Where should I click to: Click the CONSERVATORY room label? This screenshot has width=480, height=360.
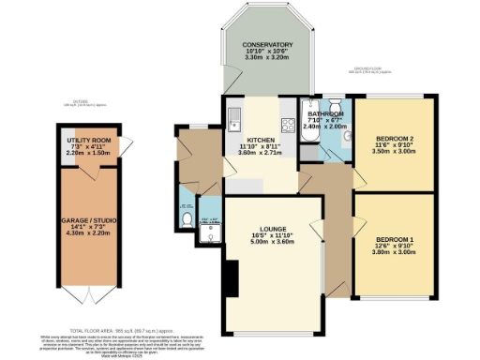pos(267,45)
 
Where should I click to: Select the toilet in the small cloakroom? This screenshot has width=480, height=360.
pos(187,208)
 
